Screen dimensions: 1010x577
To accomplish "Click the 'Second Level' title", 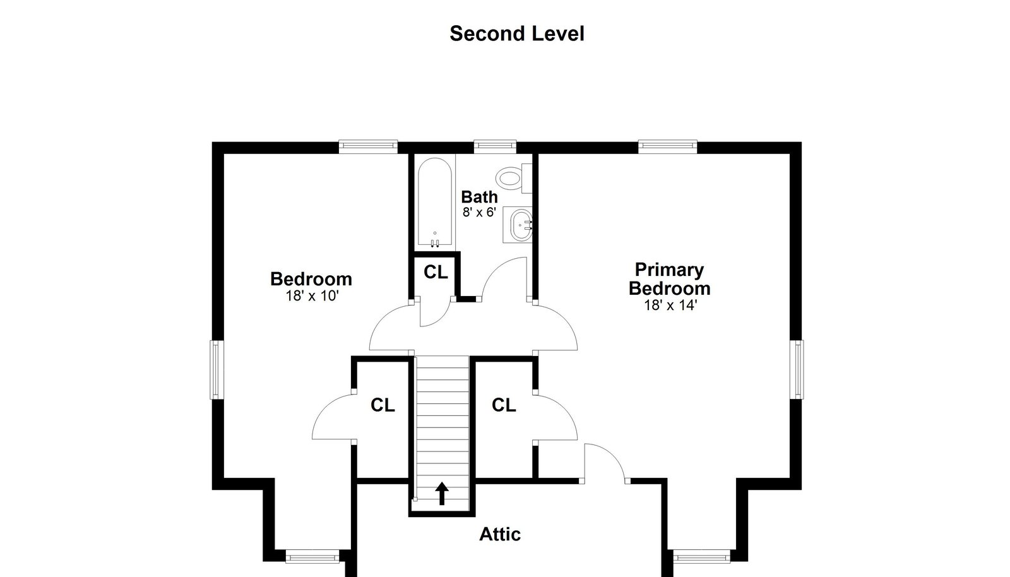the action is pyautogui.click(x=517, y=34).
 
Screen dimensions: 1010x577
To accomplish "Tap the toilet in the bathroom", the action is pyautogui.click(x=514, y=179).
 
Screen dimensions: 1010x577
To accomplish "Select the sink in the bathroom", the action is pyautogui.click(x=521, y=225).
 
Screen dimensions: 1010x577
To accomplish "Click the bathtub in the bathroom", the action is pyautogui.click(x=435, y=203).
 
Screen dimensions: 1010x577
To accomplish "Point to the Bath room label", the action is pyautogui.click(x=479, y=197).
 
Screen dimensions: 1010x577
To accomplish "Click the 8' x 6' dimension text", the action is pyautogui.click(x=479, y=212).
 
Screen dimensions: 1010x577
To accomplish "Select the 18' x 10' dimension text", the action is pyautogui.click(x=312, y=296).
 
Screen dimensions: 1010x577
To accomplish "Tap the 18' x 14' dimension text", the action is pyautogui.click(x=670, y=305).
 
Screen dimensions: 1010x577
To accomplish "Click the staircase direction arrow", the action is pyautogui.click(x=442, y=494).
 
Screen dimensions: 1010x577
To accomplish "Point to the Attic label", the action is pyautogui.click(x=499, y=534).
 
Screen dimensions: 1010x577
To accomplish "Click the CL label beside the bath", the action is pyautogui.click(x=436, y=272).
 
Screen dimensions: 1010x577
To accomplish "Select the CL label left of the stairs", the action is pyautogui.click(x=383, y=405).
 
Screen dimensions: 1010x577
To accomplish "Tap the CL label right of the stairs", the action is pyautogui.click(x=504, y=405).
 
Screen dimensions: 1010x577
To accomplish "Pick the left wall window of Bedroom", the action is pyautogui.click(x=216, y=370).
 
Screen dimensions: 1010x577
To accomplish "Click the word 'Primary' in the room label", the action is pyautogui.click(x=669, y=270).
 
